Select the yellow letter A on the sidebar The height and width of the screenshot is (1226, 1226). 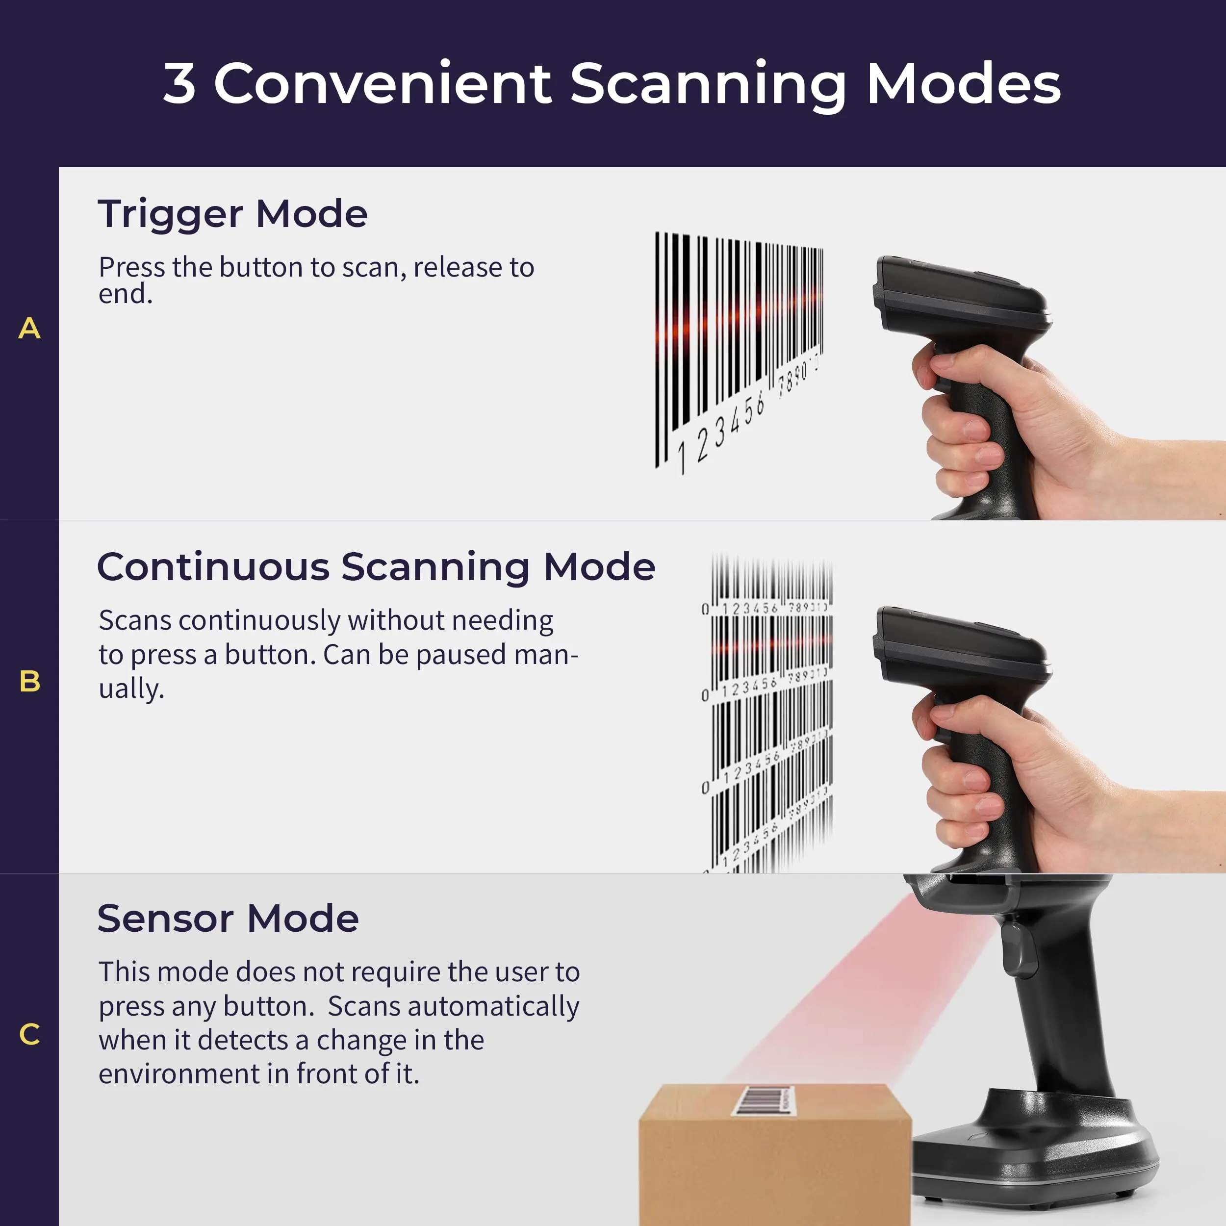click(x=29, y=329)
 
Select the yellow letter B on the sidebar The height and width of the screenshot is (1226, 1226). click(x=29, y=682)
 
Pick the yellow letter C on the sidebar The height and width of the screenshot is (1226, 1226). click(x=29, y=1034)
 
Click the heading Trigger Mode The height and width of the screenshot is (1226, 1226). click(x=232, y=214)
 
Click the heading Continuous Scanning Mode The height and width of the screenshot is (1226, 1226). click(x=376, y=567)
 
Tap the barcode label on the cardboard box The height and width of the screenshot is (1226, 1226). click(x=764, y=1099)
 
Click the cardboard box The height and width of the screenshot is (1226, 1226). click(x=774, y=1168)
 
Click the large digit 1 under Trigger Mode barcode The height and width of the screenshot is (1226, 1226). click(x=682, y=458)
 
